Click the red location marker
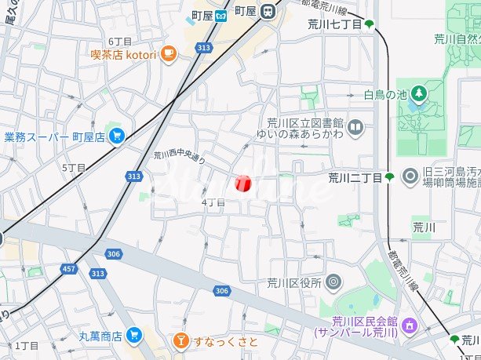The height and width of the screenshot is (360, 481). coord(242,184)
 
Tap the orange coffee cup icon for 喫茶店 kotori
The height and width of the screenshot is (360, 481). coord(169,53)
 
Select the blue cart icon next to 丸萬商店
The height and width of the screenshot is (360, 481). coord(133,336)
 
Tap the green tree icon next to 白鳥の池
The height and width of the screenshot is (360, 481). coord(420,95)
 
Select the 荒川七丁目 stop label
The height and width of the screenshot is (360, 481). coord(335,25)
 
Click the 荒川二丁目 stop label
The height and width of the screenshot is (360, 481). coord(355,177)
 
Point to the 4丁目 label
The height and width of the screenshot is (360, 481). coord(213,202)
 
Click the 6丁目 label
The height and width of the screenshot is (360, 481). coord(120,41)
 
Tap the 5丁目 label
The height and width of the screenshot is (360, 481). coord(73,168)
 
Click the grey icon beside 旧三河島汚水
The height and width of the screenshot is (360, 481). coord(409,176)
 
